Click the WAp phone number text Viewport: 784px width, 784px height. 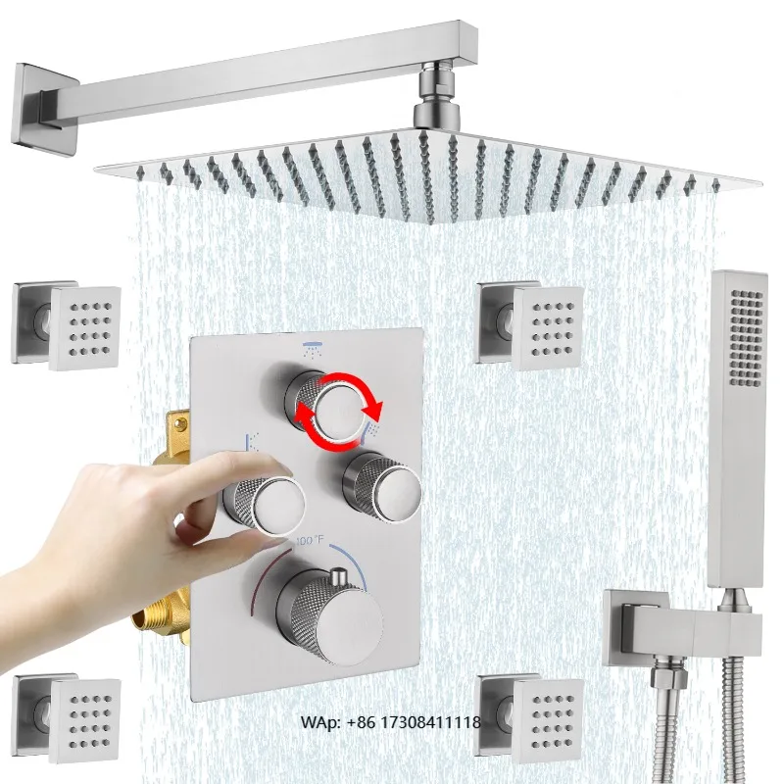(390, 722)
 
